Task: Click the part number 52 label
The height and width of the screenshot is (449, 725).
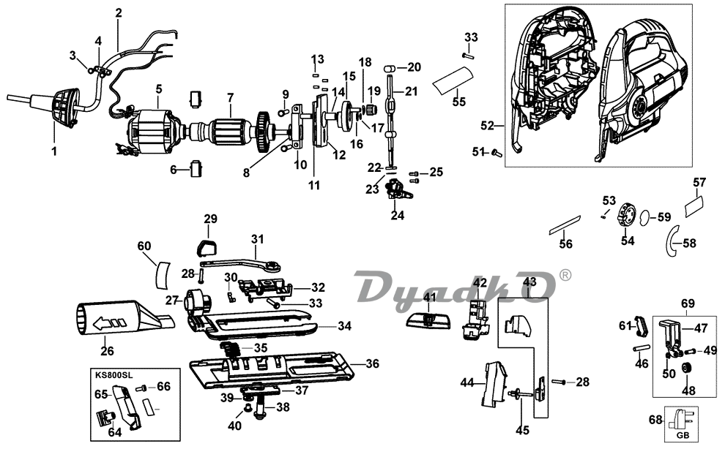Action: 487,126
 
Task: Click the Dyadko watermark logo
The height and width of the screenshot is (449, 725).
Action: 455,286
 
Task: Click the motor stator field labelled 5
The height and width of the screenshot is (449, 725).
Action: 149,134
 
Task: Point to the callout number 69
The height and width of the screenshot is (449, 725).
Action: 687,302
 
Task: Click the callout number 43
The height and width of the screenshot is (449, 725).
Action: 529,282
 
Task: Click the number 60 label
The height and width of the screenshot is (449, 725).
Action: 144,246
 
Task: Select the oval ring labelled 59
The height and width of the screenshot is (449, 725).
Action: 646,217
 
